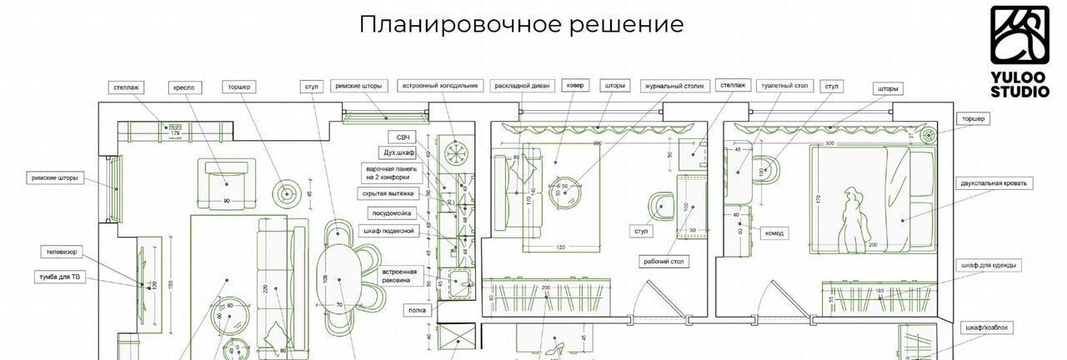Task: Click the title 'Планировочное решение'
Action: (521, 24)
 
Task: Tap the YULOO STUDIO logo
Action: (1019, 50)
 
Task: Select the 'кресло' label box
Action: (183, 87)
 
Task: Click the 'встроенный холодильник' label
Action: (440, 86)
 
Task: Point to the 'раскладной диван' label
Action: (522, 86)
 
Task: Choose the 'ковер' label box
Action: (576, 86)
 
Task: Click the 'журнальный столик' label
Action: (675, 86)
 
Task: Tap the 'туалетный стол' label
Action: (784, 86)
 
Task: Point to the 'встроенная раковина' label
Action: (399, 276)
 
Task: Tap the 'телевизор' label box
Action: (62, 251)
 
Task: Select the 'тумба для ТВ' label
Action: (58, 276)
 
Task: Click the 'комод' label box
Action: (775, 233)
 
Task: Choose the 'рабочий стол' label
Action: (663, 262)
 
